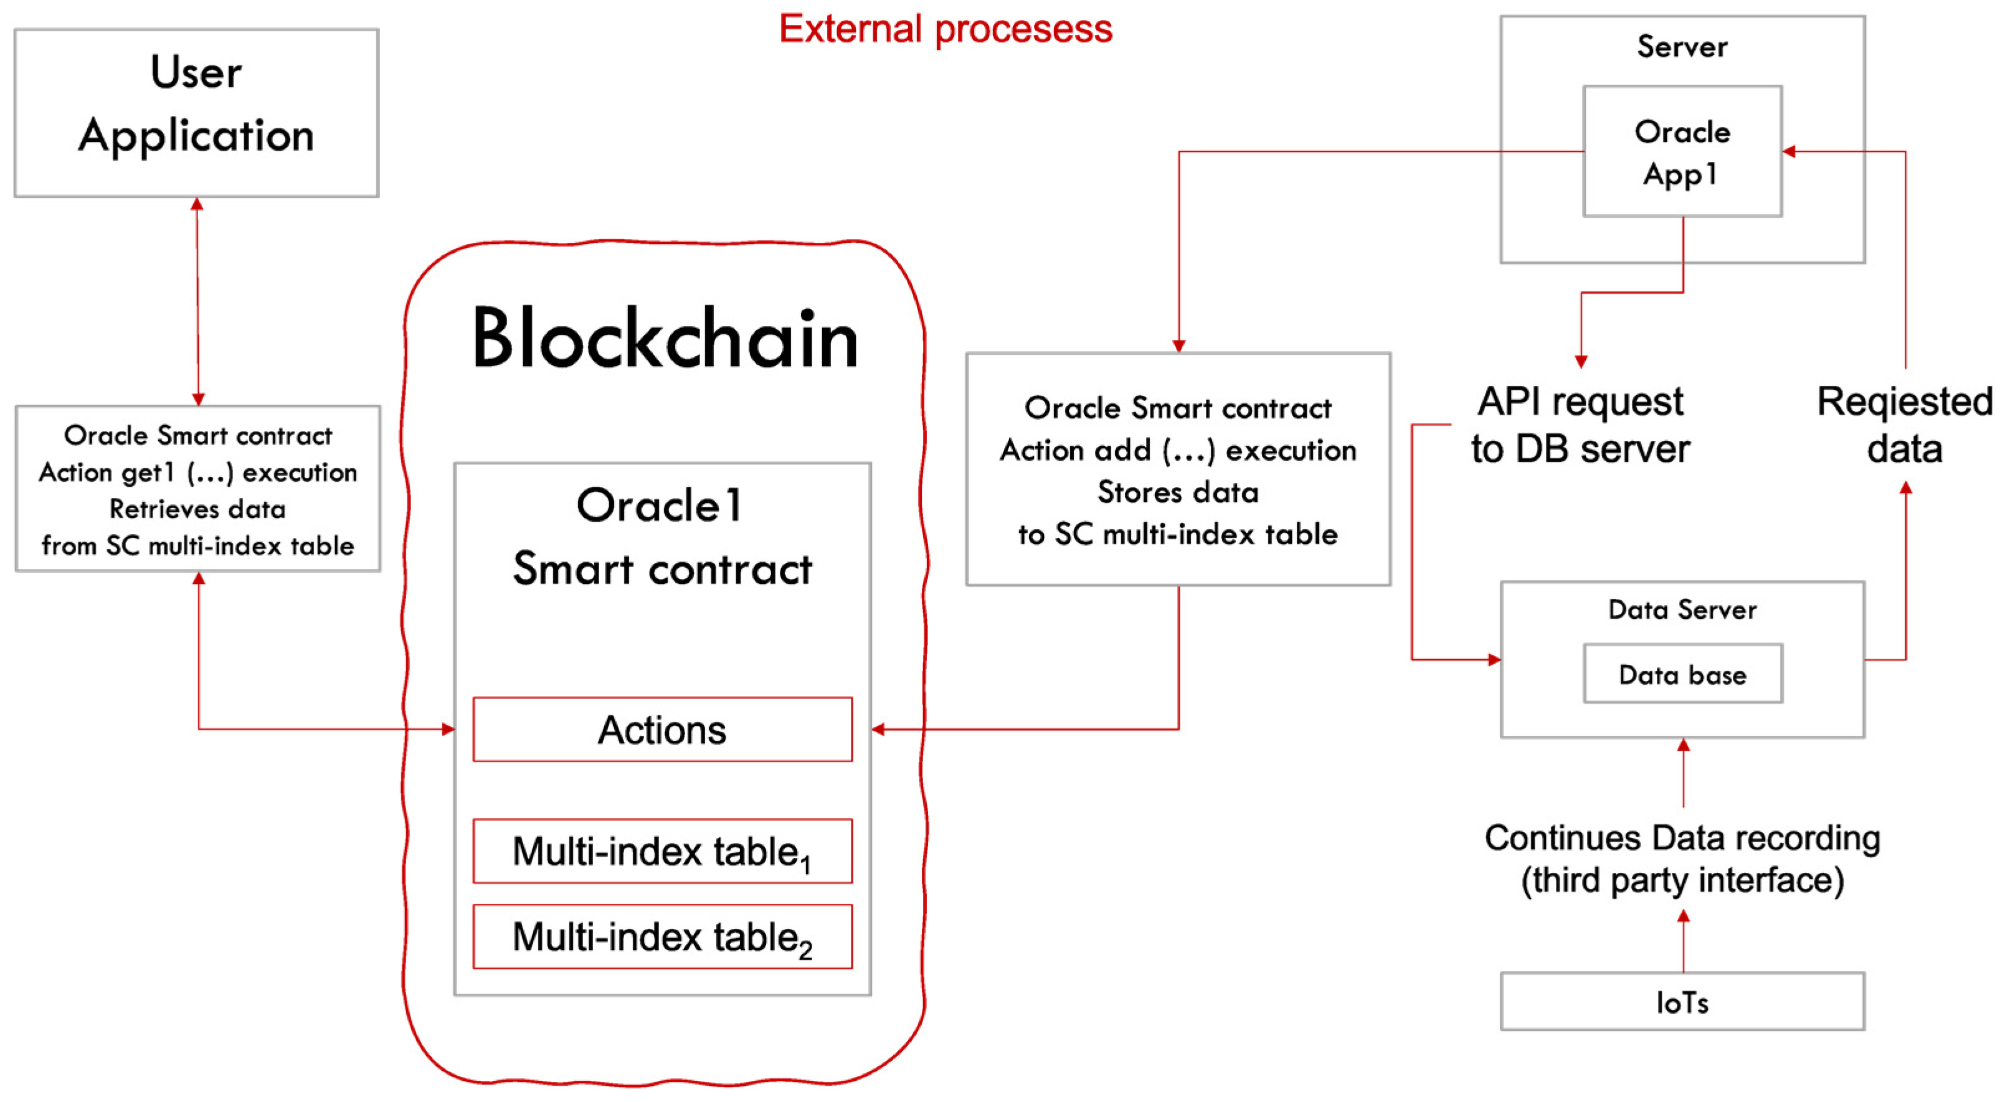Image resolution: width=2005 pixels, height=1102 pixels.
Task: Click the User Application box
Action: click(x=196, y=113)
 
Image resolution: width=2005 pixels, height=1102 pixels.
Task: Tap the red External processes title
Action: click(x=945, y=30)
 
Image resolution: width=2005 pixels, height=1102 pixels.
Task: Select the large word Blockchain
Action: click(x=665, y=339)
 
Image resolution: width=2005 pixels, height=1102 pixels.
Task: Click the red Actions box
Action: click(x=662, y=729)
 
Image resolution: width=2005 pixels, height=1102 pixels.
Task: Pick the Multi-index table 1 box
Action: click(x=662, y=850)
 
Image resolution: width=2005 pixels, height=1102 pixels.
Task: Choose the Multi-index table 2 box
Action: click(x=662, y=936)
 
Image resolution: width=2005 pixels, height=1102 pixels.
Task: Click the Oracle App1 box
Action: click(x=1682, y=152)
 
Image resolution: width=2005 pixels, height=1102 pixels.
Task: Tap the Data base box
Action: click(x=1682, y=674)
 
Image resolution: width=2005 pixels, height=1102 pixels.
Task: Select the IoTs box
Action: click(x=1682, y=1002)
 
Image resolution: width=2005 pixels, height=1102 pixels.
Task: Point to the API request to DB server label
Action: click(x=1580, y=425)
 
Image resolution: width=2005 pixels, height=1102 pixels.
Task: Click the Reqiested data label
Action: click(x=1904, y=425)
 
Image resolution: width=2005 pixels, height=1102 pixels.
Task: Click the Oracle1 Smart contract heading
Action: click(x=662, y=537)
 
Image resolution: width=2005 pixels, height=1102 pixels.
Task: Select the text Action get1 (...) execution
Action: click(x=197, y=473)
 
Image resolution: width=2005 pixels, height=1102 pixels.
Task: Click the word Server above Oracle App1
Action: click(x=1682, y=47)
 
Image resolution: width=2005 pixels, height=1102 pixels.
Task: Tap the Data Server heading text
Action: click(x=1682, y=610)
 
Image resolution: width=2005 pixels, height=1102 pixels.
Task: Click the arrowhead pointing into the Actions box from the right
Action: click(x=879, y=729)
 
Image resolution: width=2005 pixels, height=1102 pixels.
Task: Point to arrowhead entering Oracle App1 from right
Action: click(x=1789, y=152)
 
